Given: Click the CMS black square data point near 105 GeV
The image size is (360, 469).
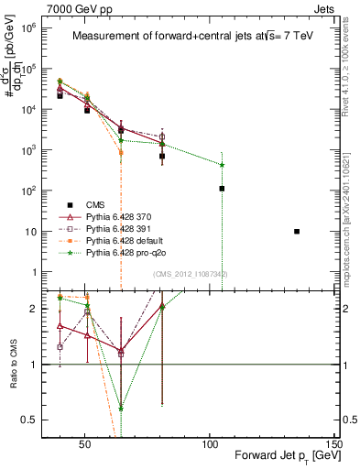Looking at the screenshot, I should click(x=223, y=189).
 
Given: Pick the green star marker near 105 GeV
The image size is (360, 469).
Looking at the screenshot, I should click(x=223, y=165).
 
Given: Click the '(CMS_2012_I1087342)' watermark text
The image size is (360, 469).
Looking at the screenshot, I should click(x=191, y=274).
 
